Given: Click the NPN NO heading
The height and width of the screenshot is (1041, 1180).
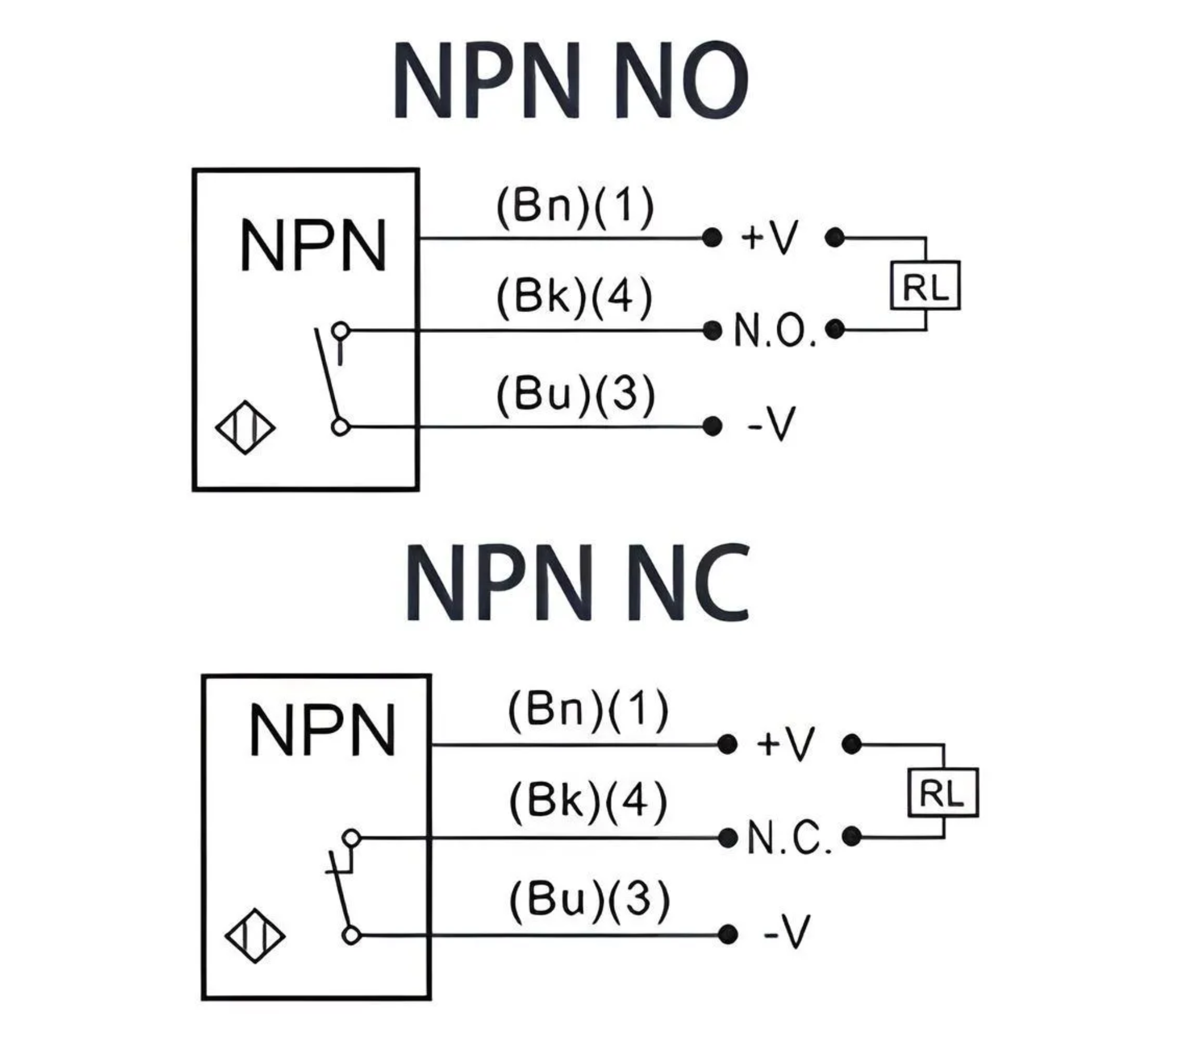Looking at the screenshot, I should click(570, 80).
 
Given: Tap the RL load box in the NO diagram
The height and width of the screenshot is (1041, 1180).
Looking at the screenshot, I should click(925, 285).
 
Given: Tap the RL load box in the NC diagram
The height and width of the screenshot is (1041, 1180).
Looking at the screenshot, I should click(942, 793).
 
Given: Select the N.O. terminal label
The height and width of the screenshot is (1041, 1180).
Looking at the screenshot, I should click(774, 331).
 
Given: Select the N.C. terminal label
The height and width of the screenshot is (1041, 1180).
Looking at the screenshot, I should click(789, 838).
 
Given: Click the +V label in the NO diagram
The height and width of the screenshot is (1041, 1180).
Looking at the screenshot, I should click(769, 238).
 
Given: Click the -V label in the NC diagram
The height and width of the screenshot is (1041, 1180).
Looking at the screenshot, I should click(787, 934).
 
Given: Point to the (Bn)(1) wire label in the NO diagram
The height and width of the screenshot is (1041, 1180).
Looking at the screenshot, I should click(575, 207).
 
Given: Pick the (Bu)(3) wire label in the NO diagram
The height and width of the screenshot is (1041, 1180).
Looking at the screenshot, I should click(575, 395).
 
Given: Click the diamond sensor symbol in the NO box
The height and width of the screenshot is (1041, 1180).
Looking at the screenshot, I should click(245, 427).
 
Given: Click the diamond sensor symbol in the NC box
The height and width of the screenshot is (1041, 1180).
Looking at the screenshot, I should click(254, 935).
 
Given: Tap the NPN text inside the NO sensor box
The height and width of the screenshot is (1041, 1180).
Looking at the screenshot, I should click(313, 245).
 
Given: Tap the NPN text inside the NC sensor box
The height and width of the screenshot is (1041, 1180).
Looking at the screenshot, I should click(322, 730).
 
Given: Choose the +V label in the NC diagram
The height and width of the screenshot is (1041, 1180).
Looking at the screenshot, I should click(785, 744).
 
